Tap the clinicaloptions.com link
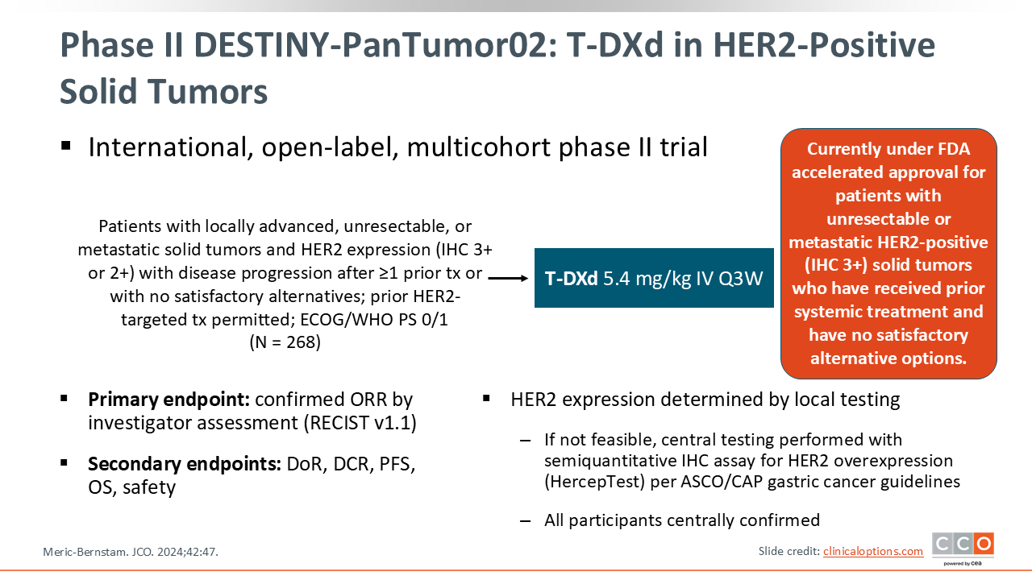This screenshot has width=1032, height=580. coord(873,551)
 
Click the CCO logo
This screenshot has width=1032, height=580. coord(963,549)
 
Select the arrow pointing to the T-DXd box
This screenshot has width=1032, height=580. coord(508,278)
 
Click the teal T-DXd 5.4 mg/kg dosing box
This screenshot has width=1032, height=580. coord(654,278)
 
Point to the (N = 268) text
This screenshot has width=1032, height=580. coord(285,342)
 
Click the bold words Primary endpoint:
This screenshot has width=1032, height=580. coord(169,400)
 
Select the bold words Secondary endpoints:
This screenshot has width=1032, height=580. coord(185,464)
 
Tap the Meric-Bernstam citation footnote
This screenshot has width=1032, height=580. coord(131,552)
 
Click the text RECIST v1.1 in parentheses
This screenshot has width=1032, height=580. coord(360,423)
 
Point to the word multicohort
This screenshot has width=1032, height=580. coord(479,147)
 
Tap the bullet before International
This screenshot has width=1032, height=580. coord(66,146)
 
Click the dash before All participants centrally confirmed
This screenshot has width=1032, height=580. coord(525,520)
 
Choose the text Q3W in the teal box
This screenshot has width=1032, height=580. coord(741,279)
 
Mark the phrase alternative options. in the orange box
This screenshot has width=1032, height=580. coord(888,358)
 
